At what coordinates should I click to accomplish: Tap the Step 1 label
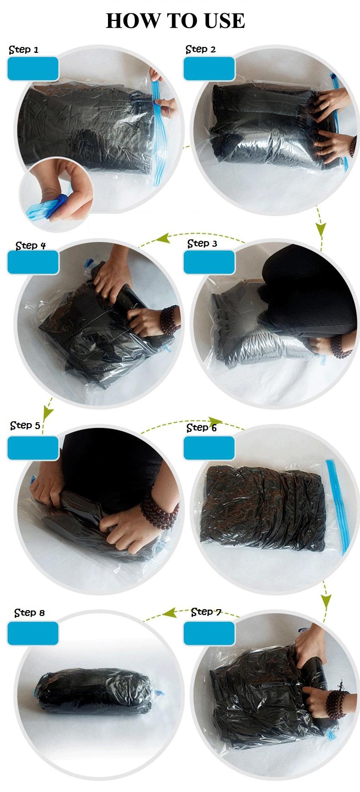point(24,50)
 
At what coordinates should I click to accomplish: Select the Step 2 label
point(201,49)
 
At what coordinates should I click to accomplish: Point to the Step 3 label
point(202,243)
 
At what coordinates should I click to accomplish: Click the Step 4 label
point(31,246)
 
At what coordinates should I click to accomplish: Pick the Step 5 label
point(25,425)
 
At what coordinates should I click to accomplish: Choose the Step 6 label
point(201,428)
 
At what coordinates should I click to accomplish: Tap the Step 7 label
point(206,612)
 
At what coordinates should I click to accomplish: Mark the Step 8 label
point(30,613)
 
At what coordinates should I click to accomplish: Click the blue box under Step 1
point(33,69)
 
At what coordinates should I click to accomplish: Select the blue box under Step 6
point(209,448)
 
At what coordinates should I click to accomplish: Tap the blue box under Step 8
point(33,633)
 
